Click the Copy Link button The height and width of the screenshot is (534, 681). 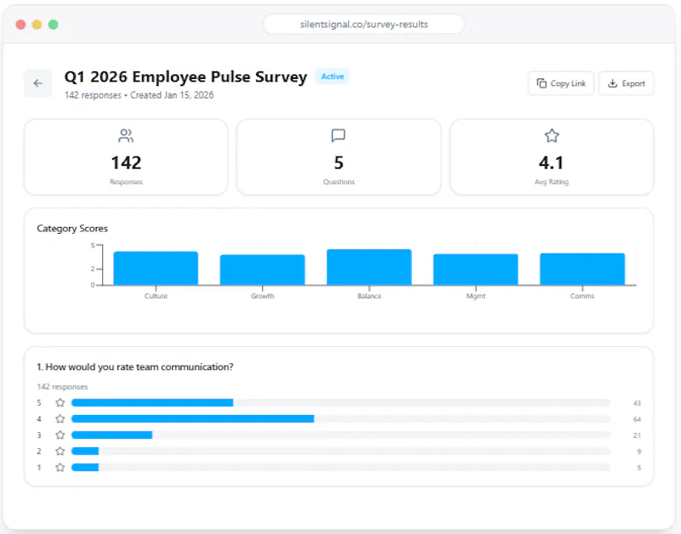[561, 83]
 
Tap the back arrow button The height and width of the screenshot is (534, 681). [37, 82]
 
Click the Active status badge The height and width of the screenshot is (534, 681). [332, 77]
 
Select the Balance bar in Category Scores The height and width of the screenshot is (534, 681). [369, 267]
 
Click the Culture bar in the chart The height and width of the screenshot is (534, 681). [156, 269]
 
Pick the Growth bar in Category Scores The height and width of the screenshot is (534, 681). [262, 270]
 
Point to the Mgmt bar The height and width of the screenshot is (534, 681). [476, 270]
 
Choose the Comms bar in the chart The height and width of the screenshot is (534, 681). [582, 269]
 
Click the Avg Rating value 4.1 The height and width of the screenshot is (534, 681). [552, 163]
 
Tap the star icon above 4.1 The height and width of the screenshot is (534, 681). [552, 136]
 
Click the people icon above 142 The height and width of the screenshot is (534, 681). [126, 136]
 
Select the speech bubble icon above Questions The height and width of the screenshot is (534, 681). [338, 136]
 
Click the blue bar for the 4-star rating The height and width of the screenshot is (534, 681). [193, 418]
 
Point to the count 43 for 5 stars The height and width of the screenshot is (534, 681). [637, 403]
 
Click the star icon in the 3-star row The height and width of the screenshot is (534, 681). [60, 435]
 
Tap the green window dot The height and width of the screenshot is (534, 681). [53, 25]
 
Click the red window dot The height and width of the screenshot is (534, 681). [20, 25]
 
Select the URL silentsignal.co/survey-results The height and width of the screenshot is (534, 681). [364, 25]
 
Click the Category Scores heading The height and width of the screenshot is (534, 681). [72, 229]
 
